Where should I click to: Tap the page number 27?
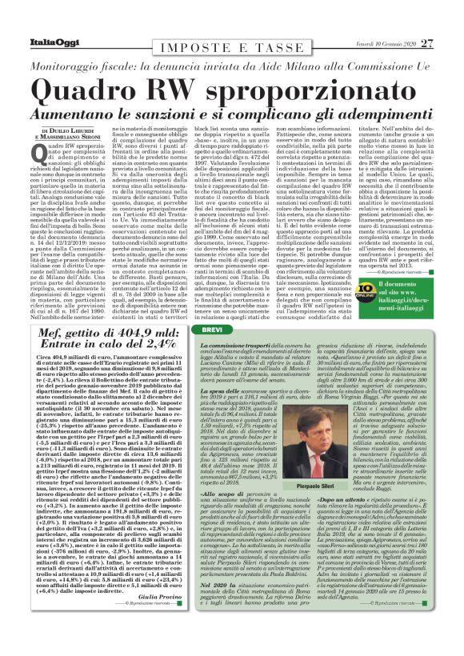click(428, 42)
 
